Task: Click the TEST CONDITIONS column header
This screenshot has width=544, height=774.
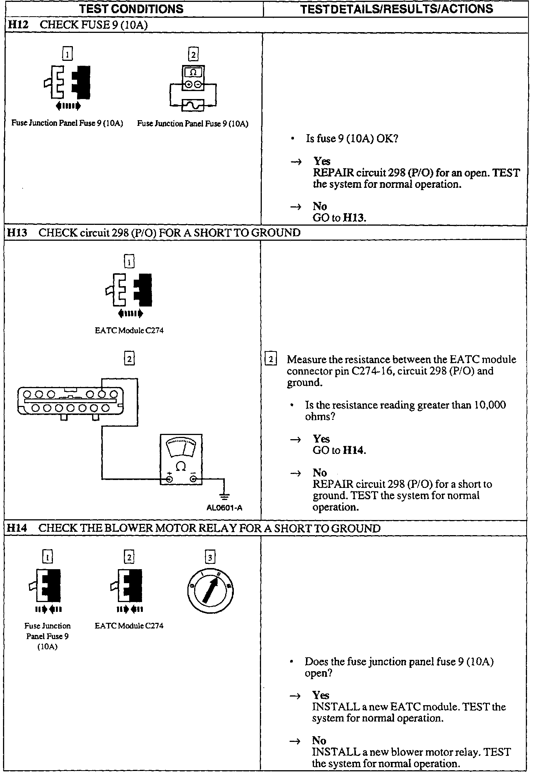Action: pos(131,9)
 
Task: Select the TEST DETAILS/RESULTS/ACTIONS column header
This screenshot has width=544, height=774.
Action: pos(396,9)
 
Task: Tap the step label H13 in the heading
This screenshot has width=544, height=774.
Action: pos(17,232)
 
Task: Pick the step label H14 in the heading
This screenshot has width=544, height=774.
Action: pos(17,528)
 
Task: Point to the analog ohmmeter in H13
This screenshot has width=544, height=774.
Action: pos(181,460)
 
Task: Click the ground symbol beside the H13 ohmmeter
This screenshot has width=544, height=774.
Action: pos(224,495)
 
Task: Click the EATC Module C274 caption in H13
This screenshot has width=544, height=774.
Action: pos(129,331)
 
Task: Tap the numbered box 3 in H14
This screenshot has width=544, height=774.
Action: pos(210,557)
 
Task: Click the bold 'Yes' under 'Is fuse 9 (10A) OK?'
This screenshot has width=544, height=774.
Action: pos(321,161)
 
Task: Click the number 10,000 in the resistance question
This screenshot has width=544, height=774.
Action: pos(490,405)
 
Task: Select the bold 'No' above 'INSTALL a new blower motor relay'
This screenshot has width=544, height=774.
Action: pos(319,740)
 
